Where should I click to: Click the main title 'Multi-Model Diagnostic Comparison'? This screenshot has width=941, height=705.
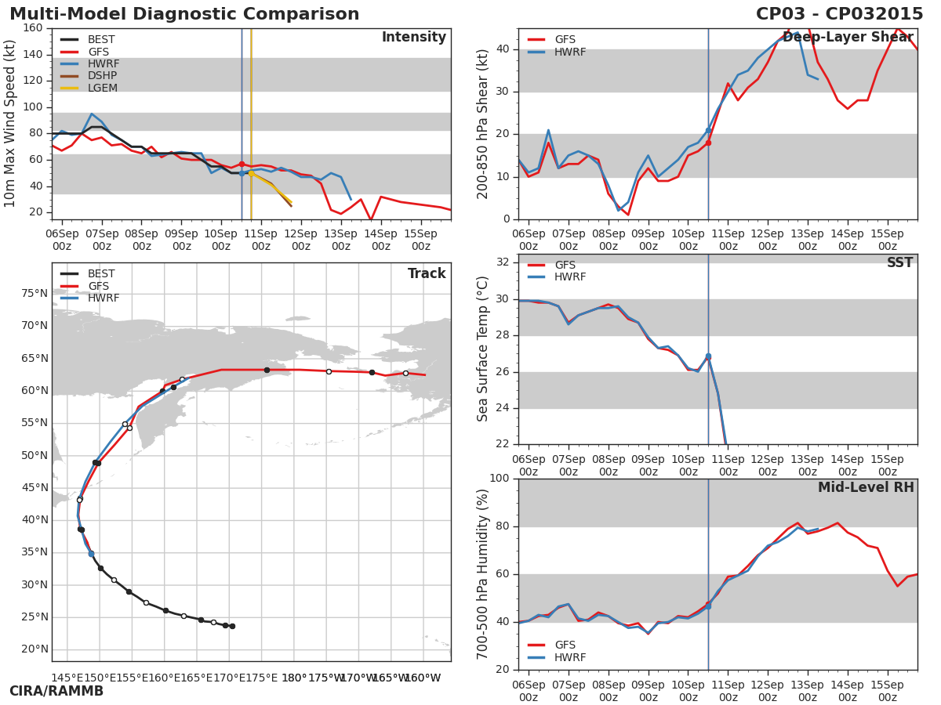[x=184, y=14]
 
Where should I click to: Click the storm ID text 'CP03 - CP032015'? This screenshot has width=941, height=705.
[x=839, y=14]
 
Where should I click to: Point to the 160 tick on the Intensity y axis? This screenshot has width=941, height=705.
[x=33, y=28]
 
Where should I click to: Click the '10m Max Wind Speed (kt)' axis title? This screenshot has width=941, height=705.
[x=10, y=124]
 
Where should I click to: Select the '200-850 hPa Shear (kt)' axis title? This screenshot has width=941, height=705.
[x=483, y=124]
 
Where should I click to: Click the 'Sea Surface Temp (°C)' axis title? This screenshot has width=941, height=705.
[x=483, y=349]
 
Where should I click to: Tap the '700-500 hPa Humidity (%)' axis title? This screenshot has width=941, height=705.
[x=483, y=574]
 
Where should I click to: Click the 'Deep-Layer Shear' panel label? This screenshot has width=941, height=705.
[x=848, y=38]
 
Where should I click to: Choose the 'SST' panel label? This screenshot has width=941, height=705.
[x=899, y=263]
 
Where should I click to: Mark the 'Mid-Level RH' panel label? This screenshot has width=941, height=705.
[x=866, y=488]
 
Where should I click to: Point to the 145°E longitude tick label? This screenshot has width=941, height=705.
[x=66, y=678]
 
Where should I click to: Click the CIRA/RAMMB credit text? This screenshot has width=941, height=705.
[x=56, y=692]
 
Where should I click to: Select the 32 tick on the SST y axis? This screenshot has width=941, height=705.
[x=504, y=262]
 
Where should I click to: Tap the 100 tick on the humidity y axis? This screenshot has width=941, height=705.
[x=500, y=479]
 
